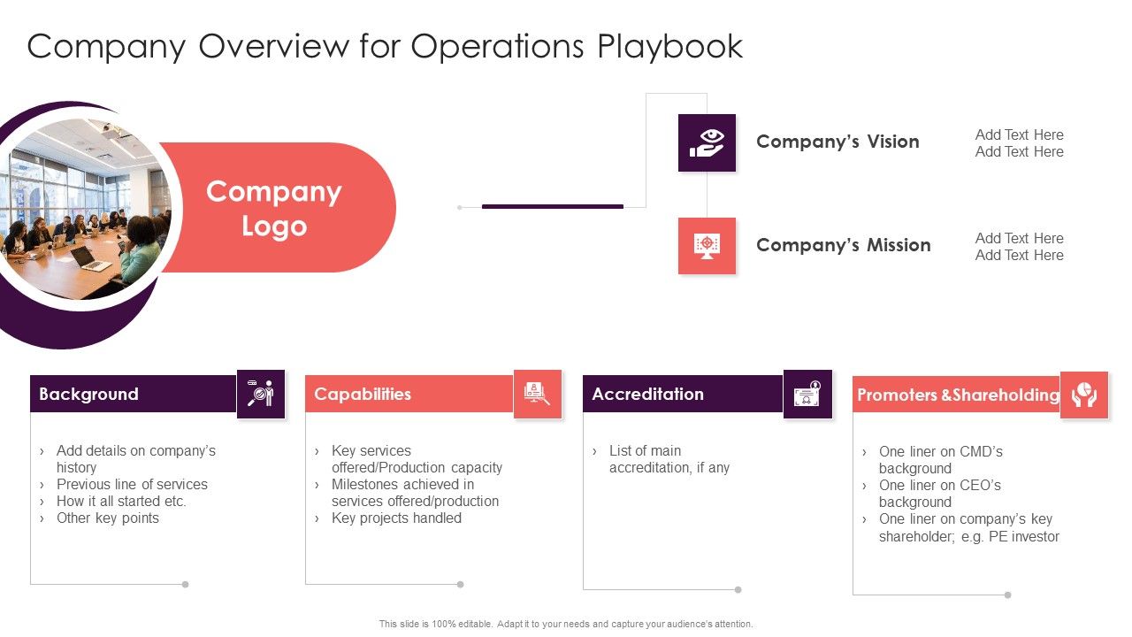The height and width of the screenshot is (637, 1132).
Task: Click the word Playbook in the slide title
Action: click(669, 47)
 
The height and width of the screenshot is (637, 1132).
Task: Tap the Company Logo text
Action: click(273, 209)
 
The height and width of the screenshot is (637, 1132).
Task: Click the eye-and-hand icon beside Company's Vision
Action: click(707, 142)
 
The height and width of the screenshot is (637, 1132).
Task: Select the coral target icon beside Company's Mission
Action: click(707, 245)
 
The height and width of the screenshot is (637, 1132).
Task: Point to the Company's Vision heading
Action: click(838, 142)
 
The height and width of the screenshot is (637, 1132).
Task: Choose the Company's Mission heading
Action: click(843, 245)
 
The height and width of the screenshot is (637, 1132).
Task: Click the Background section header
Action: click(88, 394)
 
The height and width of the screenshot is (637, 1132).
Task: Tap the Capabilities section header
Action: click(363, 394)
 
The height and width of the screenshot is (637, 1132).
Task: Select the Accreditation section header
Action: click(647, 394)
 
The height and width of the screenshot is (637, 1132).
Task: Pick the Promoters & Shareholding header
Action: click(958, 395)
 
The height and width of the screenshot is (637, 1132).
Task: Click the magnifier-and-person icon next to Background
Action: click(261, 394)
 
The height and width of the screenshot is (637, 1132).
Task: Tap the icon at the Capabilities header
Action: click(538, 394)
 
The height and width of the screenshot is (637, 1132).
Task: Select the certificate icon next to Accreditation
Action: click(807, 394)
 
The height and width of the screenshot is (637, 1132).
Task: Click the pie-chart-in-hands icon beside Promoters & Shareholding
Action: click(1083, 395)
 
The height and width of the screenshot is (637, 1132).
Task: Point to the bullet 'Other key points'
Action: click(108, 518)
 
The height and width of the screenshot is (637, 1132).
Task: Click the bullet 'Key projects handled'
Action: click(396, 518)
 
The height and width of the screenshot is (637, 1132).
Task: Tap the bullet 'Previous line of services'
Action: click(132, 485)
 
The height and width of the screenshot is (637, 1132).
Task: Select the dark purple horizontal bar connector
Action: click(552, 206)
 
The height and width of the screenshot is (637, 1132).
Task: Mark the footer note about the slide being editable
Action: click(566, 624)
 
